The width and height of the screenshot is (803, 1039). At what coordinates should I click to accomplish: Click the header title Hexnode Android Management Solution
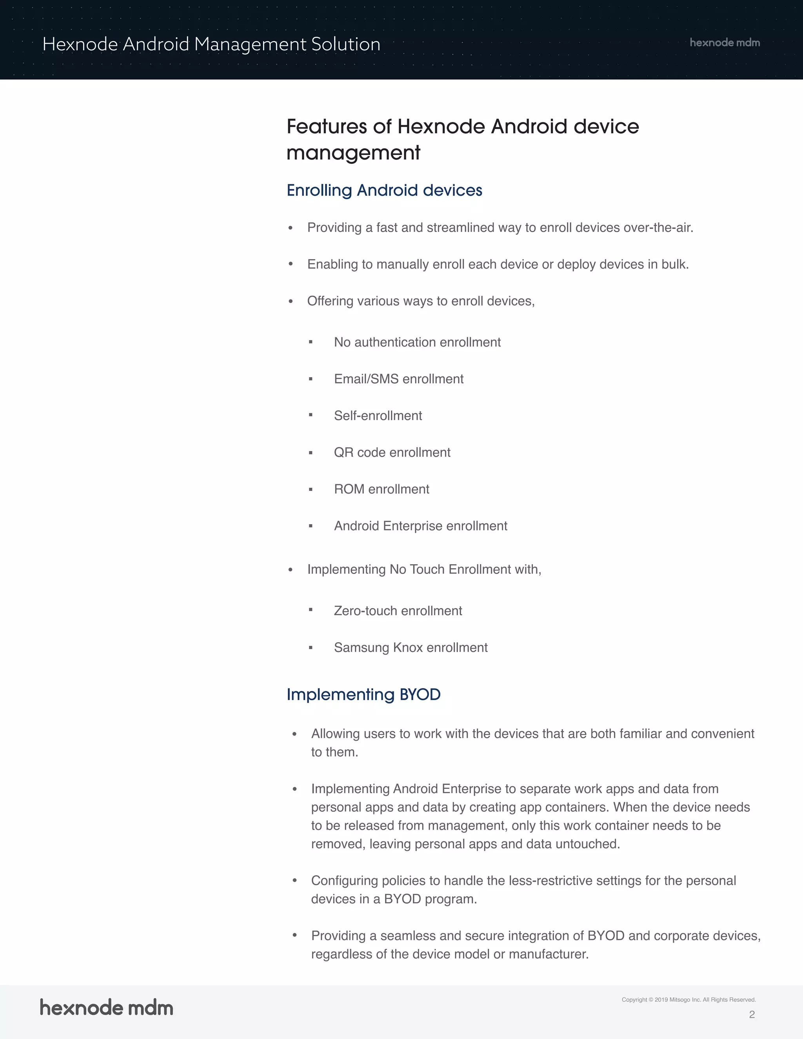point(211,44)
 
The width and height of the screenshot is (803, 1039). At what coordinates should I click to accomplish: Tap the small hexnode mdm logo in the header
point(725,43)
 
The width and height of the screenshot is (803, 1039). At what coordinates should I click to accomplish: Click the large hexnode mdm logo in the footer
point(107,1008)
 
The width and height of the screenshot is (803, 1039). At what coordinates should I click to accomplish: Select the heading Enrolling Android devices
point(384,190)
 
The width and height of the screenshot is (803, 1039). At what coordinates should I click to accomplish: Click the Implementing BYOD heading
point(363,695)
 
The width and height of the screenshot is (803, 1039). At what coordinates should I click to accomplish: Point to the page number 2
point(752,1014)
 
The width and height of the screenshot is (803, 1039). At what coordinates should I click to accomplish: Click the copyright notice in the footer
point(689,999)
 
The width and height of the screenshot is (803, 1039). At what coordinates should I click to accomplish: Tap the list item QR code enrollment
point(392,452)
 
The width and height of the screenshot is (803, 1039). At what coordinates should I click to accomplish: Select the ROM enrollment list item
point(382,489)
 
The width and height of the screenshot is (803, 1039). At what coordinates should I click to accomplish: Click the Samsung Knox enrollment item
point(411,647)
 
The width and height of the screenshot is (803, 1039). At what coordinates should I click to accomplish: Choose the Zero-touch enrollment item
point(398,611)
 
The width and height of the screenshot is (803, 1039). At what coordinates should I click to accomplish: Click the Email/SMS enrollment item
point(399,379)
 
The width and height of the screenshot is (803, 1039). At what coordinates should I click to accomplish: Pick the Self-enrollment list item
point(378,416)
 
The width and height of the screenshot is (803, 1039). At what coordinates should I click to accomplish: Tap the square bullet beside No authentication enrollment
point(311,342)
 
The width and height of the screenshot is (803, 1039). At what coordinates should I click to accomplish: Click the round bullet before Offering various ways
point(291,302)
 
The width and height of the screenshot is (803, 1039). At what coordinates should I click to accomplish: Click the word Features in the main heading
point(326,127)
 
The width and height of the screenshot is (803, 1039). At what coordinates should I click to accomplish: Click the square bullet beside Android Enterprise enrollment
point(311,526)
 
